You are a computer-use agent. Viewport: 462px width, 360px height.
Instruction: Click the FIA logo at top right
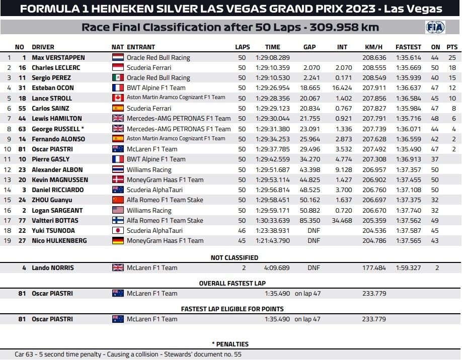point(435,27)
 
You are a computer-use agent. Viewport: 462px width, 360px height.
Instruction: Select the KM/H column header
point(373,47)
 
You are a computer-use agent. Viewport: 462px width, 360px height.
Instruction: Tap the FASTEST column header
point(408,47)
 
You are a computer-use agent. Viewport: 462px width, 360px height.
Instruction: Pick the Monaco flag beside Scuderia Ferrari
point(118,68)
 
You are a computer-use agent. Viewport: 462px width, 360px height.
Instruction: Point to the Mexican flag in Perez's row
point(118,78)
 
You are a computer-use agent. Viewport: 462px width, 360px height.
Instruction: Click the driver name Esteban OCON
point(53,88)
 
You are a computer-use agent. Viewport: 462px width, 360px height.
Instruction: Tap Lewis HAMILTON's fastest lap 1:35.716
point(408,119)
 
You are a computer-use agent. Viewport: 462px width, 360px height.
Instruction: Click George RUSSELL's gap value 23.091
point(312,129)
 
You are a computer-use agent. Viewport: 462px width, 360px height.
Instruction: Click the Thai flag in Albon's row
point(118,170)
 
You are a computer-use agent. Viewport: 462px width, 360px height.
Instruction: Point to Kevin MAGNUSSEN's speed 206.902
point(374,180)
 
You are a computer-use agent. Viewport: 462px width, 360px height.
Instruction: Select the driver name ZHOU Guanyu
point(52,200)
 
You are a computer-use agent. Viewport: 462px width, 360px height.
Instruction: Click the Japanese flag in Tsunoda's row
point(118,231)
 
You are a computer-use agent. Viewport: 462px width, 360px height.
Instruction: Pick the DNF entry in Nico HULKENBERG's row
point(314,241)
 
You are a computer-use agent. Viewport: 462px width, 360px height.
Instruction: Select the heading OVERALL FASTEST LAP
point(232,283)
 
